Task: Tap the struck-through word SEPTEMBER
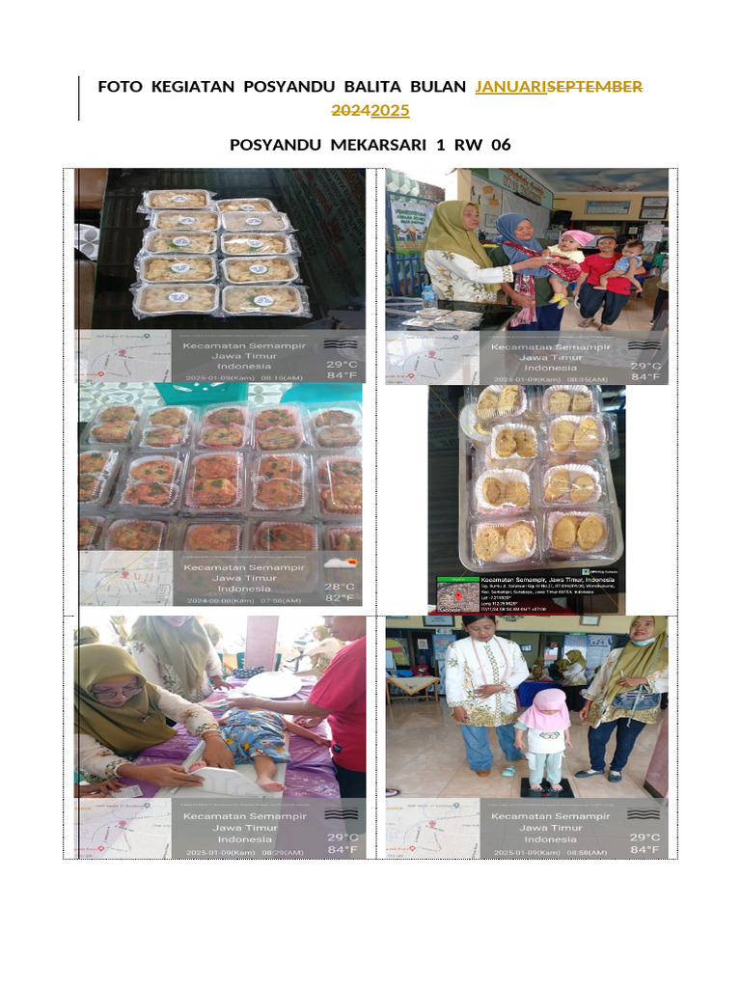594,87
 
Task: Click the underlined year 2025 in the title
390,111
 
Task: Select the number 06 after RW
500,146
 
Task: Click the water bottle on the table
428,297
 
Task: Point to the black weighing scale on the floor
547,786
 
